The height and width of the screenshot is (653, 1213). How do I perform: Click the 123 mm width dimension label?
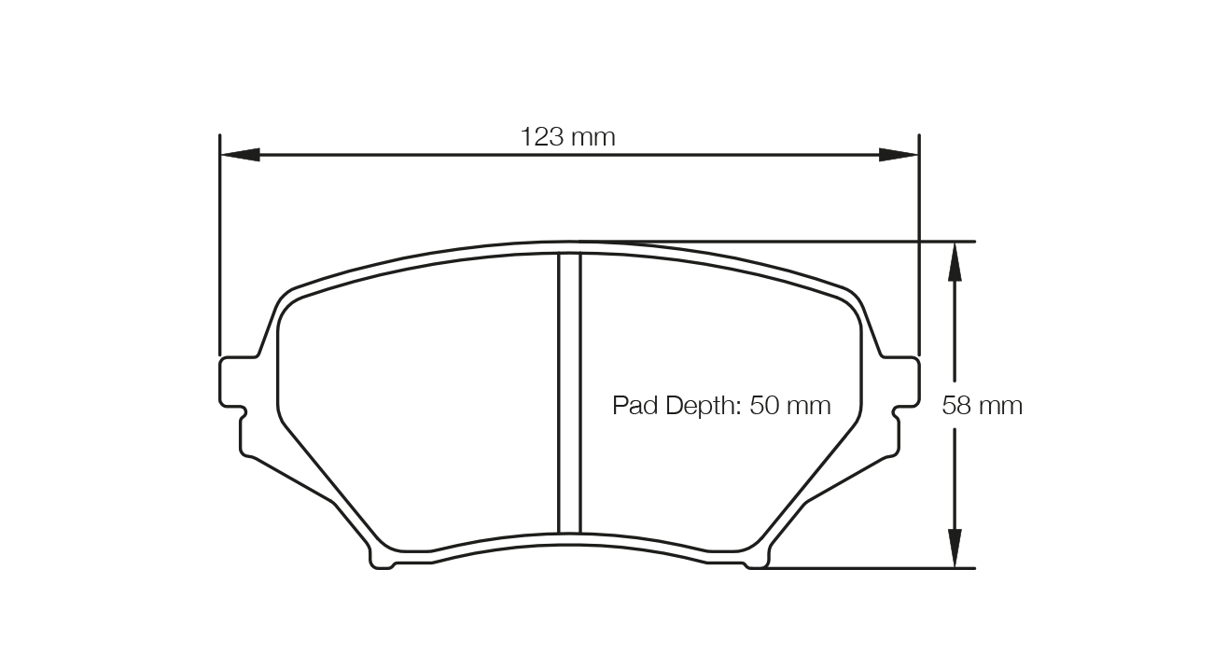pyautogui.click(x=567, y=137)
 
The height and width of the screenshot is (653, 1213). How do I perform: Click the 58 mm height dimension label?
pyautogui.click(x=982, y=406)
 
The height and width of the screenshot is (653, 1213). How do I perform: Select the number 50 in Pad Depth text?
pyautogui.click(x=763, y=406)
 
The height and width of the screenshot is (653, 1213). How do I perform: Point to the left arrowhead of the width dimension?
pyautogui.click(x=239, y=155)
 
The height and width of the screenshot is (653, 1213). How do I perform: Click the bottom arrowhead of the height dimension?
pyautogui.click(x=954, y=549)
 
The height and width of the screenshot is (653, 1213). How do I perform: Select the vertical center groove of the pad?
pyautogui.click(x=569, y=392)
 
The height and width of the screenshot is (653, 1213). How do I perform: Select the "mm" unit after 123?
pyautogui.click(x=593, y=137)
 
